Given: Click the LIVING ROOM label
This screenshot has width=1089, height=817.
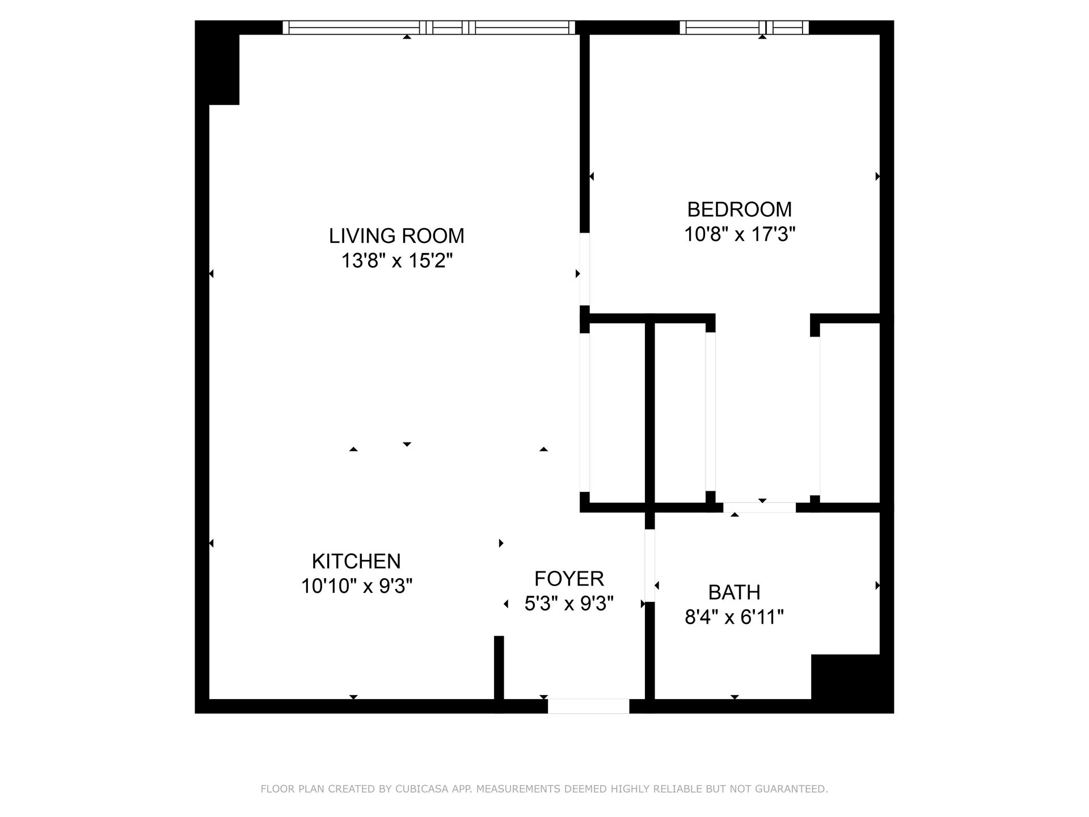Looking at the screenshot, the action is coord(396,235).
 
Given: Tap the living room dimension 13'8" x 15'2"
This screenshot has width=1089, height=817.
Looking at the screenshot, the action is coord(396,261).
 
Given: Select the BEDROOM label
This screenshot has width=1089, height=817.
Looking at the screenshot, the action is coord(740,209).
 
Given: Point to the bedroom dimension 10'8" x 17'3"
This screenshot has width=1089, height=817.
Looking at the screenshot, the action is coord(740,234).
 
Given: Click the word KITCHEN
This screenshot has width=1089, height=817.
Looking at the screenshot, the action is coord(356,561).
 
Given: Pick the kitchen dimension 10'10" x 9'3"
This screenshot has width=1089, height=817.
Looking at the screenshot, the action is coord(356,586).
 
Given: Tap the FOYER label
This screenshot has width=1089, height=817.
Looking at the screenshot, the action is coord(569,579).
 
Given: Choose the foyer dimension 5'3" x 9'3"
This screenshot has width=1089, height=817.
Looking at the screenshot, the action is coord(569,604).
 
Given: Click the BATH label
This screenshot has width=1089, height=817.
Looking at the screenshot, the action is coord(735,592).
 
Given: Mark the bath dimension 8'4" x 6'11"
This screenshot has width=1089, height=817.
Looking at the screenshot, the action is coord(735,617).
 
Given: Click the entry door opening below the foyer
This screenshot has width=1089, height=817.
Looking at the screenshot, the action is coord(588,706).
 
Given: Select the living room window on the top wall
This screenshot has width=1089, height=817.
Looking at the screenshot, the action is coord(429,27).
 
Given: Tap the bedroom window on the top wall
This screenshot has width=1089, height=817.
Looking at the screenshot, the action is coord(744,27).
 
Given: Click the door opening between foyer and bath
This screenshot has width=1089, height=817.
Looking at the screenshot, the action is coord(650,565).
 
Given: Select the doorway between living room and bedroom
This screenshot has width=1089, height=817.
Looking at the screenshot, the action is coord(584,269).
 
